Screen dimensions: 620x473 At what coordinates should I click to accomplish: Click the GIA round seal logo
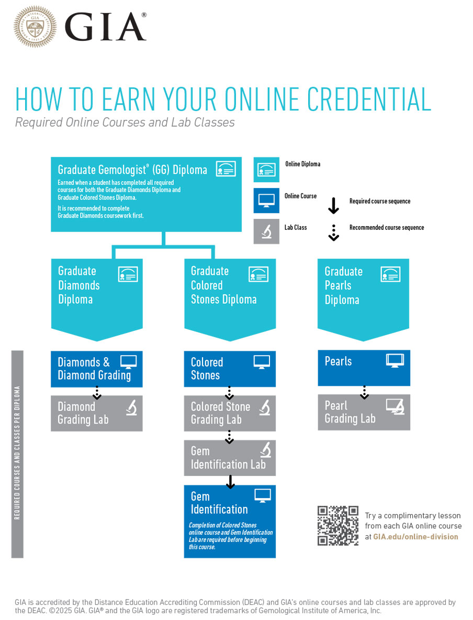[x=35, y=27]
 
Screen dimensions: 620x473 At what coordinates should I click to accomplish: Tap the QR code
[x=338, y=526]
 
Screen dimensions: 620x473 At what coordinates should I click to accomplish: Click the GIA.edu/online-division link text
[x=415, y=537]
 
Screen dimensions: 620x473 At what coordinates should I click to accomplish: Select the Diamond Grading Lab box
[x=96, y=413]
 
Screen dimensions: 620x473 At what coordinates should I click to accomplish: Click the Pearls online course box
[x=364, y=368]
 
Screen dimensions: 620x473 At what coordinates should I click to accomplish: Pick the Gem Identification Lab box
[x=230, y=458]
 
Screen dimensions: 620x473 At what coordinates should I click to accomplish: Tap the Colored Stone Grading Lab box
[x=230, y=413]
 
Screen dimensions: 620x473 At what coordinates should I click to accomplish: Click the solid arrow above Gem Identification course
[x=230, y=481]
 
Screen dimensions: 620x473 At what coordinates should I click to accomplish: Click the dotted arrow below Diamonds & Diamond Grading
[x=96, y=392]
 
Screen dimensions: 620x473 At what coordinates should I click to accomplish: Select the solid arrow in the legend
[x=333, y=205]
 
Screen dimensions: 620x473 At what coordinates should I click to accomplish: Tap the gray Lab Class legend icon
[x=266, y=231]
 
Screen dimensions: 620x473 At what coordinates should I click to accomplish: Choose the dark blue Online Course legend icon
[x=266, y=200]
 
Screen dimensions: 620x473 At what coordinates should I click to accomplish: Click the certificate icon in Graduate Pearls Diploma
[x=390, y=274]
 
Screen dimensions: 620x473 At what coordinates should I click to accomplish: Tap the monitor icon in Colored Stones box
[x=262, y=361]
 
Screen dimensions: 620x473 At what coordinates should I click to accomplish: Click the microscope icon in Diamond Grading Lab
[x=131, y=407]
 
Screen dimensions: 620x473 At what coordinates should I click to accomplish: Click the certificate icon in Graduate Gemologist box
[x=226, y=169]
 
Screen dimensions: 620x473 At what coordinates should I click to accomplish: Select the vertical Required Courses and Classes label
[x=17, y=453]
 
